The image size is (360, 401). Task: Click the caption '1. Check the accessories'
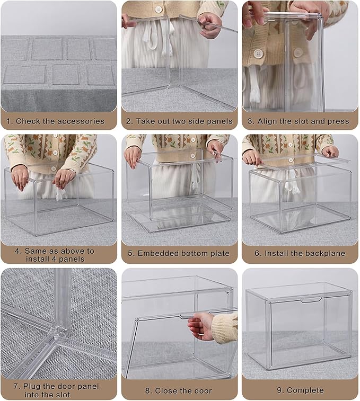click(x=59, y=121)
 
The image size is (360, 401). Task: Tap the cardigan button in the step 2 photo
click(x=158, y=10)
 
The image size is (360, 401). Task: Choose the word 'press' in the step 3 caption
click(x=338, y=121)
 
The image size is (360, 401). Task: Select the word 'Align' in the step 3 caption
click(x=268, y=121)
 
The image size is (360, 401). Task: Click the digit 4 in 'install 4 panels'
click(x=55, y=259)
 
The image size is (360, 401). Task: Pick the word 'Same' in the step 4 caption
click(x=36, y=251)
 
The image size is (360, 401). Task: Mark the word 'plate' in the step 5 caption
click(x=219, y=253)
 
